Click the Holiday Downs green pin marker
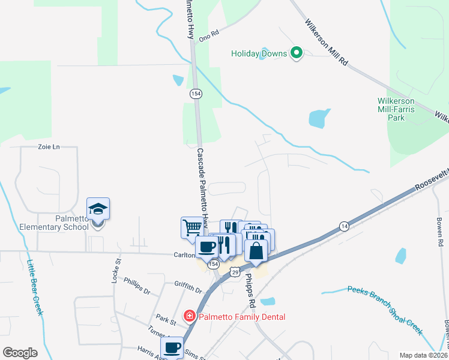[296, 53]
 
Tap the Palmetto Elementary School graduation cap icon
[98, 209]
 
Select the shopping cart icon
[192, 227]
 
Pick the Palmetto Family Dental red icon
[189, 316]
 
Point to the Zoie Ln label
[49, 146]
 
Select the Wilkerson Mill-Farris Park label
[400, 109]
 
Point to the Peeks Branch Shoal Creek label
[385, 310]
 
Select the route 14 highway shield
[343, 226]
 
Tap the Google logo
[20, 353]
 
